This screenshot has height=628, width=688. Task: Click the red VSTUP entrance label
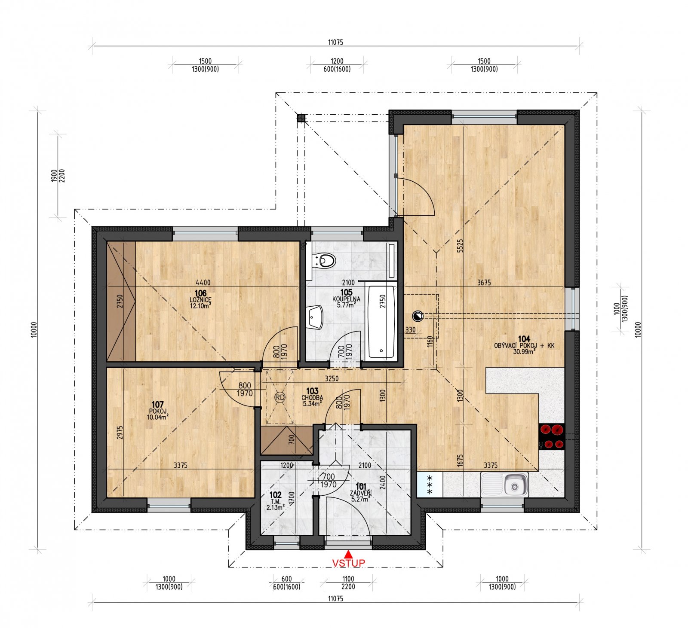tap(348, 563)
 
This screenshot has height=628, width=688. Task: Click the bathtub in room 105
tap(381, 322)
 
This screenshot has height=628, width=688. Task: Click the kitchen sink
tap(505, 485)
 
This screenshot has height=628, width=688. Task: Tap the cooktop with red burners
tap(551, 436)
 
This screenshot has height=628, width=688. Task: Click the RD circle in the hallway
tap(280, 397)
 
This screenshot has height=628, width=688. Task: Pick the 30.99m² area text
tap(524, 351)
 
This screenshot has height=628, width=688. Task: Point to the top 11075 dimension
tap(335, 42)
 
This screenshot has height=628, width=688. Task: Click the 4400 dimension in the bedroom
tap(203, 282)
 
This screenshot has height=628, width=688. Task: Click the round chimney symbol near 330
tap(417, 317)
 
